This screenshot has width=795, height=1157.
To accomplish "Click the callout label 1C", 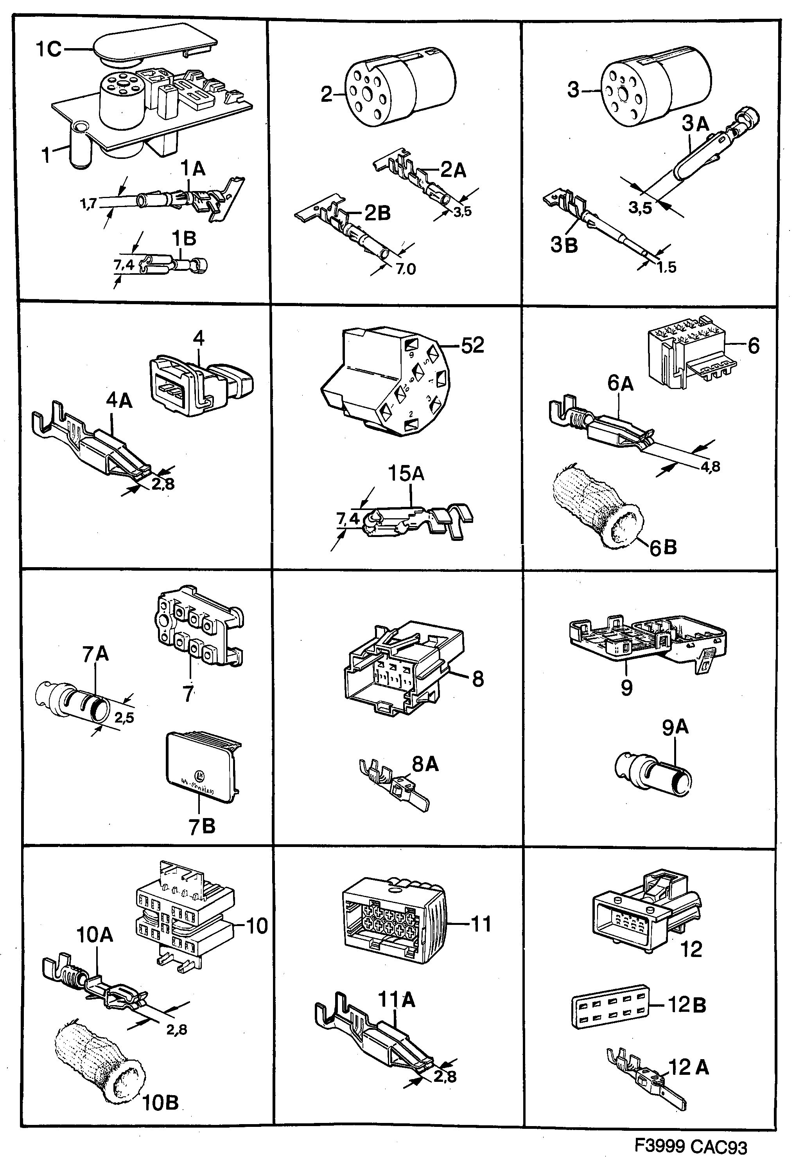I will tap(48, 49).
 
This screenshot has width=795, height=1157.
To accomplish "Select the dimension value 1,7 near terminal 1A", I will tap(88, 204).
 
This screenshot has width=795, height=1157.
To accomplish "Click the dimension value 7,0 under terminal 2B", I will tap(406, 269).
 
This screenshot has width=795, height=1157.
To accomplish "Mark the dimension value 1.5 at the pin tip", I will tap(666, 267).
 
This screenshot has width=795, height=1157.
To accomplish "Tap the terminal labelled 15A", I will tap(418, 521).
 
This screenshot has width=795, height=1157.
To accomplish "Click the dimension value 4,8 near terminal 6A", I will tap(710, 467).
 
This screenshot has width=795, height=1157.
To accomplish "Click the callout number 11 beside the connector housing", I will tap(481, 924).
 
